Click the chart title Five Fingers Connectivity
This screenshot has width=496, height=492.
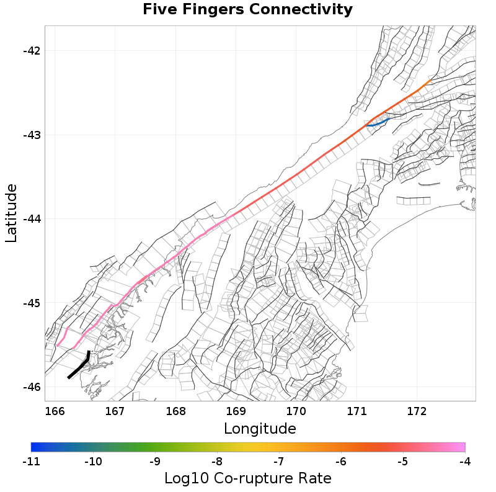point(247,10)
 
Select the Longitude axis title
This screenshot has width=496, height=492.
point(260,429)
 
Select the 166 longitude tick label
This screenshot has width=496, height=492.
point(55,411)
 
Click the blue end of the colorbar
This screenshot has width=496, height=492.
point(35,447)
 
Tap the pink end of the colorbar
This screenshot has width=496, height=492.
point(461,447)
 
